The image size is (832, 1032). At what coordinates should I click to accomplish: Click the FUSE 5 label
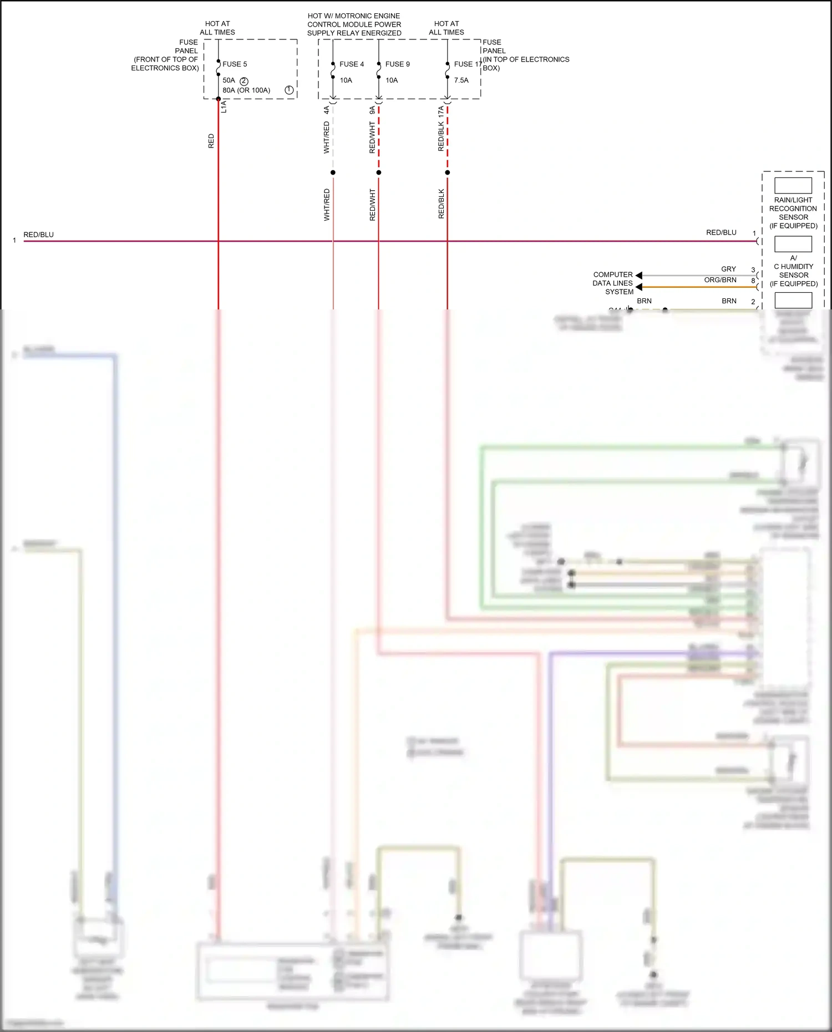235,64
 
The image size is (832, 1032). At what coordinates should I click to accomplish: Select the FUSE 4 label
352,64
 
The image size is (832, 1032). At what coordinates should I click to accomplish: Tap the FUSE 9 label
397,64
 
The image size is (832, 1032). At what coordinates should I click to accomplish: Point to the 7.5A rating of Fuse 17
461,80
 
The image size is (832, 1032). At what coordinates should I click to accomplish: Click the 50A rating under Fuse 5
229,80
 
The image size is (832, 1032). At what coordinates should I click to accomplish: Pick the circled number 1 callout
289,90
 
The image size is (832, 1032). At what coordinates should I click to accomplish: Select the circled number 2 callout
244,81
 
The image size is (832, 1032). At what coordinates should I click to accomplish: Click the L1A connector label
224,106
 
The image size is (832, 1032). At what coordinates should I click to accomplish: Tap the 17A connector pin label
441,111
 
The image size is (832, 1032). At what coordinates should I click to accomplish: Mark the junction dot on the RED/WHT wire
379,172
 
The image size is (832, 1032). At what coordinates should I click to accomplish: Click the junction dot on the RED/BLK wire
448,172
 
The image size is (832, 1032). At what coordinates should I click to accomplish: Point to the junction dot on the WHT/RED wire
333,172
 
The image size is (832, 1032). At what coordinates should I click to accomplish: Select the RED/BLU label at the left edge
39,235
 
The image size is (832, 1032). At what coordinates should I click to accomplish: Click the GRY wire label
728,269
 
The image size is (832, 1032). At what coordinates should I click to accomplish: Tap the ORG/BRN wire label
720,280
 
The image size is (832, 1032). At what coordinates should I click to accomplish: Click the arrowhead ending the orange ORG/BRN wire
639,287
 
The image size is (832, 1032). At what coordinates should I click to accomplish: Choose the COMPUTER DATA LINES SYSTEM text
613,283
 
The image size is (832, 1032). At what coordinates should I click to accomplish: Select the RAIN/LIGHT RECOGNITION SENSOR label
793,212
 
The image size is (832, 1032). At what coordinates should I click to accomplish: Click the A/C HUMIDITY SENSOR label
793,271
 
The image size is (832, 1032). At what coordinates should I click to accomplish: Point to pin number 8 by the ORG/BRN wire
753,281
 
